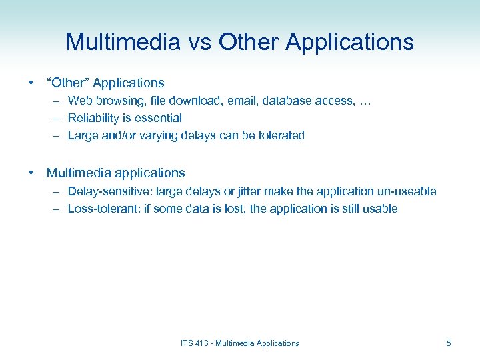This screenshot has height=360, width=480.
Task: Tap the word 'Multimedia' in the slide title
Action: (x=123, y=42)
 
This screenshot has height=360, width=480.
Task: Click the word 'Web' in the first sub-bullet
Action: (x=80, y=101)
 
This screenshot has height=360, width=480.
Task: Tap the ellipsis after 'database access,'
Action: (x=365, y=101)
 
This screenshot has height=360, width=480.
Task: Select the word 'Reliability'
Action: (x=95, y=118)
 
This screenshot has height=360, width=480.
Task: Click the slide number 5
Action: (x=449, y=343)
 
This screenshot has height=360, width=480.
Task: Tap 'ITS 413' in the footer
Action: (x=193, y=343)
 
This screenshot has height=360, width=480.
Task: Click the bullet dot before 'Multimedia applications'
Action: (x=31, y=173)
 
